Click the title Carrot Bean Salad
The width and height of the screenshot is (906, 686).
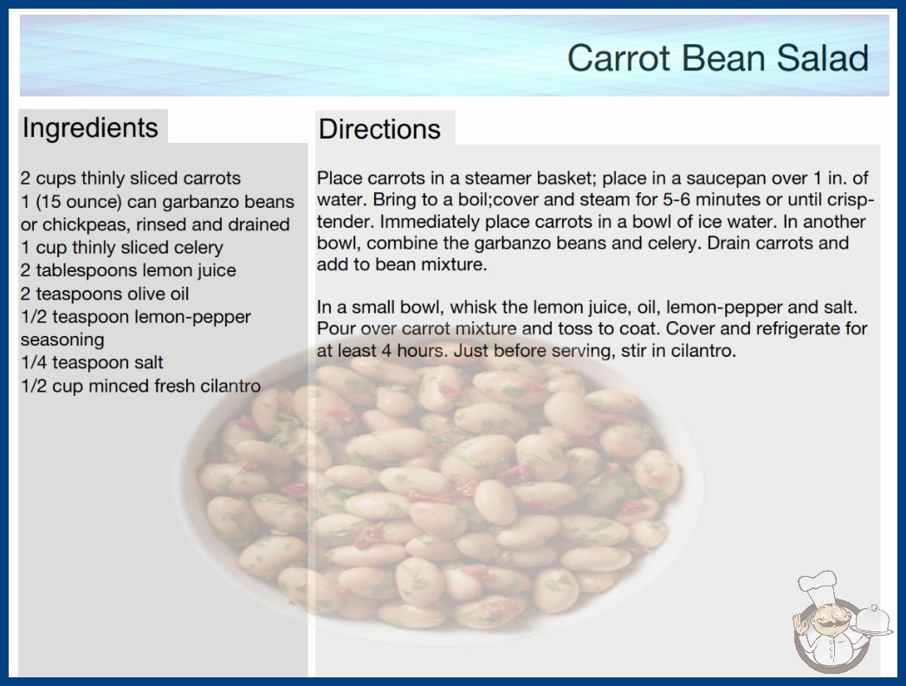coord(718,58)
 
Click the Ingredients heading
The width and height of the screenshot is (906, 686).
coord(90,127)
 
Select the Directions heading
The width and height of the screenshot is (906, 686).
coord(379,129)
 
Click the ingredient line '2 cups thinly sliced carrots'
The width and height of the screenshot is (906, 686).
coord(131,178)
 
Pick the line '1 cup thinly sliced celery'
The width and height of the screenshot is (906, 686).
coord(122,248)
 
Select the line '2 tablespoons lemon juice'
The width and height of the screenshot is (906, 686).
coord(128,270)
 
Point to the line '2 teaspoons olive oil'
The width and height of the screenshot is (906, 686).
coord(105,294)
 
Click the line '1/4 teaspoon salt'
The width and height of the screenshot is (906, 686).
coord(92,362)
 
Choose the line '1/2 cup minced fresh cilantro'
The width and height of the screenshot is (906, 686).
coord(141,385)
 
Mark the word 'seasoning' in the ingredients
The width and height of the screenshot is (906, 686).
coord(62,340)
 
